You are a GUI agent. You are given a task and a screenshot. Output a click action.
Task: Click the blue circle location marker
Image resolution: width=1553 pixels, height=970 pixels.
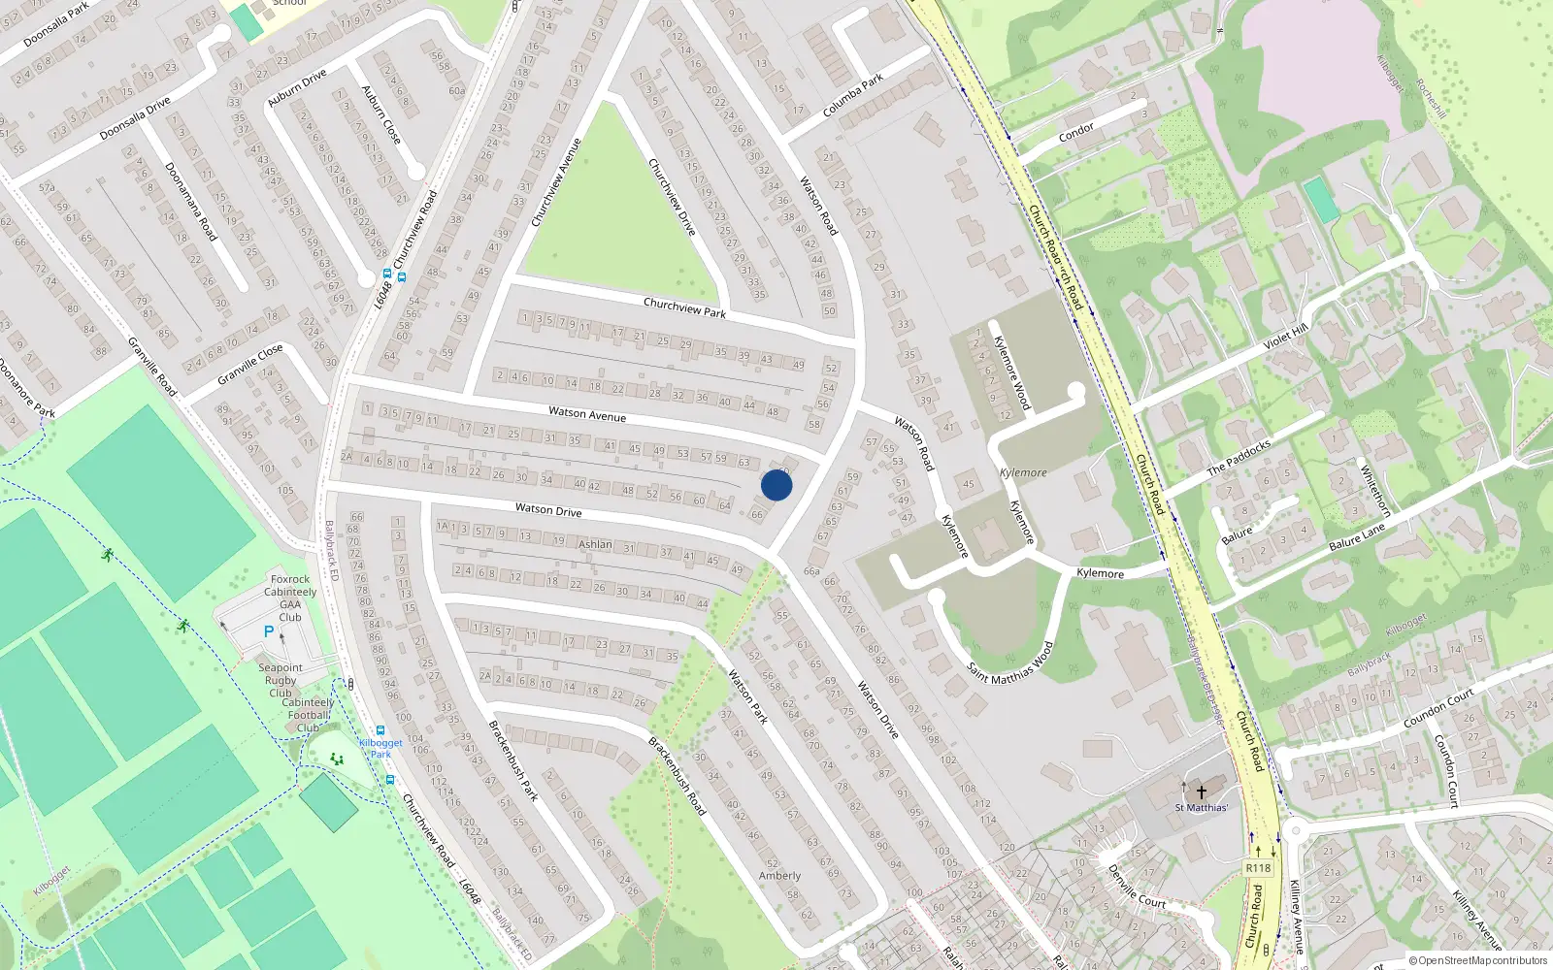[x=776, y=485]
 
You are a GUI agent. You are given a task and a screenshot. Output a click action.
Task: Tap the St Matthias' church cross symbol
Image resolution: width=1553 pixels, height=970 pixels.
[x=1201, y=792]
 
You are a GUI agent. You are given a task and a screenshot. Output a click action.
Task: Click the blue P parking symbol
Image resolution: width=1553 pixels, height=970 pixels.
[x=269, y=631]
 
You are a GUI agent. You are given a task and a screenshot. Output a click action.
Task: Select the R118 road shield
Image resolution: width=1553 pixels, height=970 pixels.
[x=1258, y=868]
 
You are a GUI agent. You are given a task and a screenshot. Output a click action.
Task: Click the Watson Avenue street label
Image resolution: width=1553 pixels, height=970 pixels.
[x=587, y=413]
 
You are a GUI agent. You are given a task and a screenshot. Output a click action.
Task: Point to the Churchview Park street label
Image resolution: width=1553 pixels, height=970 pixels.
[x=684, y=307]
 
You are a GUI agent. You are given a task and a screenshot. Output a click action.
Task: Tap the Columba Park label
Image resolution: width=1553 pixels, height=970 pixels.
[x=853, y=95]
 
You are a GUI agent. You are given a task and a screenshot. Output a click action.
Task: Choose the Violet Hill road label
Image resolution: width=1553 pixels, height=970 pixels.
[x=1286, y=337]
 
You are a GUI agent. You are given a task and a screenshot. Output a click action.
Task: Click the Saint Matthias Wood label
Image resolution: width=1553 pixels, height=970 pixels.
[x=1009, y=663]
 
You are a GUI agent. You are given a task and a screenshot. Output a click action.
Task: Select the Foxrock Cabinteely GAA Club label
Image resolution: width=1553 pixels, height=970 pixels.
[x=290, y=598]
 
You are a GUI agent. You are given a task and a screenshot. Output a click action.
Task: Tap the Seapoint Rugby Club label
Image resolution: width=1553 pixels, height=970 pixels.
[x=281, y=680]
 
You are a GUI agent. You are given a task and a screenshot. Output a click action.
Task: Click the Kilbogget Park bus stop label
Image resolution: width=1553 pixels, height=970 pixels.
[x=380, y=748]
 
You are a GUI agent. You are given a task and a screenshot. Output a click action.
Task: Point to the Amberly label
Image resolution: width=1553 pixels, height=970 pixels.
[x=779, y=875]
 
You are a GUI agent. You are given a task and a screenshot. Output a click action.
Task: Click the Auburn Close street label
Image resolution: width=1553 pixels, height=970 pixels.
[x=380, y=114]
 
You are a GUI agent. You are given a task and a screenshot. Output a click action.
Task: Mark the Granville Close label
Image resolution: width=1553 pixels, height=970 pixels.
[x=250, y=364]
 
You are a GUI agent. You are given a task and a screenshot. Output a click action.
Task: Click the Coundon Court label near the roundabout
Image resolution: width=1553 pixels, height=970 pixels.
[x=1438, y=708]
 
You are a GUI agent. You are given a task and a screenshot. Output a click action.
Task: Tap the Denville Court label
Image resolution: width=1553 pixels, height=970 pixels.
[x=1137, y=887]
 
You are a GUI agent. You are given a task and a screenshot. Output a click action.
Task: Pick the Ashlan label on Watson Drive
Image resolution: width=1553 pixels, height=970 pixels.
[x=595, y=544]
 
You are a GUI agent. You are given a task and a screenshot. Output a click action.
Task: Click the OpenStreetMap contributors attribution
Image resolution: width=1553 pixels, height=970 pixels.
[x=1478, y=960]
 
